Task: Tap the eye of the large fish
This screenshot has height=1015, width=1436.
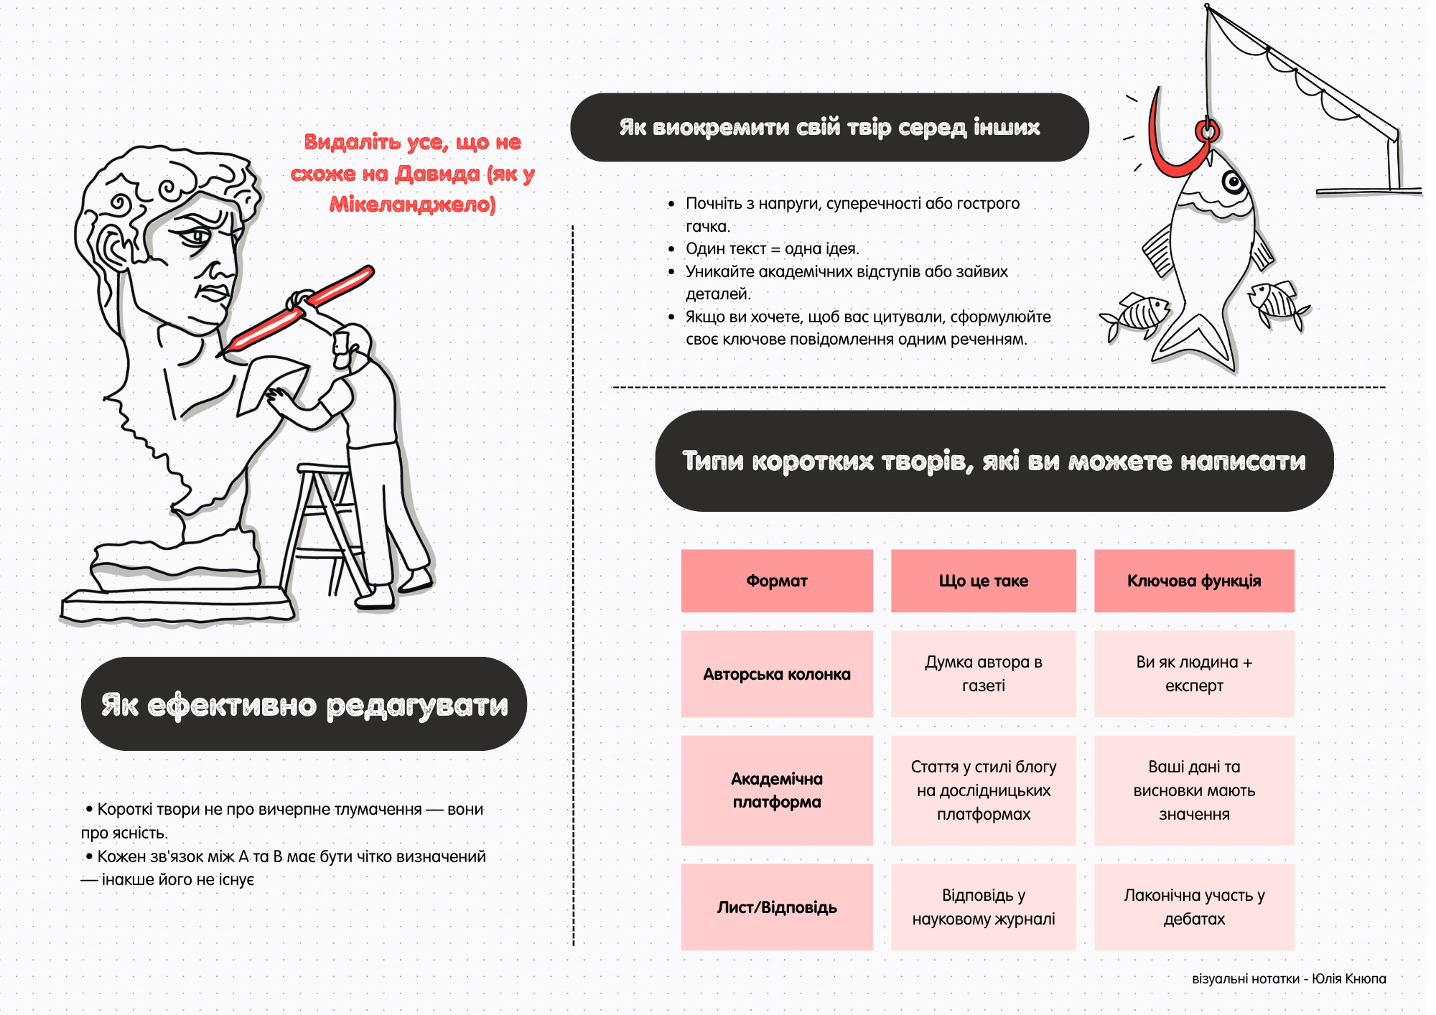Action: tap(1233, 182)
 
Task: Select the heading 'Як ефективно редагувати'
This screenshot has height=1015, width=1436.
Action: tap(304, 704)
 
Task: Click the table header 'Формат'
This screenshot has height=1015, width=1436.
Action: tap(776, 581)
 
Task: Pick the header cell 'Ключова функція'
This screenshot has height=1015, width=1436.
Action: tap(1193, 581)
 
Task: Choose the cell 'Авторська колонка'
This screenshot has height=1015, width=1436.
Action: tap(776, 674)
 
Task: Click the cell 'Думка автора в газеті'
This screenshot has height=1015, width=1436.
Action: tap(983, 674)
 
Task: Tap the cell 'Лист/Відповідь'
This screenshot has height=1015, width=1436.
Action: tap(776, 907)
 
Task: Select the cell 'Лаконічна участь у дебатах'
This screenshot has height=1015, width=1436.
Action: tap(1193, 907)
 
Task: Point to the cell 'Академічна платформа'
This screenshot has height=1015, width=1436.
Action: tap(776, 790)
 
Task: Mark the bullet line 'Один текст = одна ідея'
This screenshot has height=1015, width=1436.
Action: tap(771, 249)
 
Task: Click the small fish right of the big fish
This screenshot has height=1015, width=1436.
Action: tap(1277, 301)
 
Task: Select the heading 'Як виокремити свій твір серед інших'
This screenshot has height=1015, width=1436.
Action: tap(829, 127)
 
